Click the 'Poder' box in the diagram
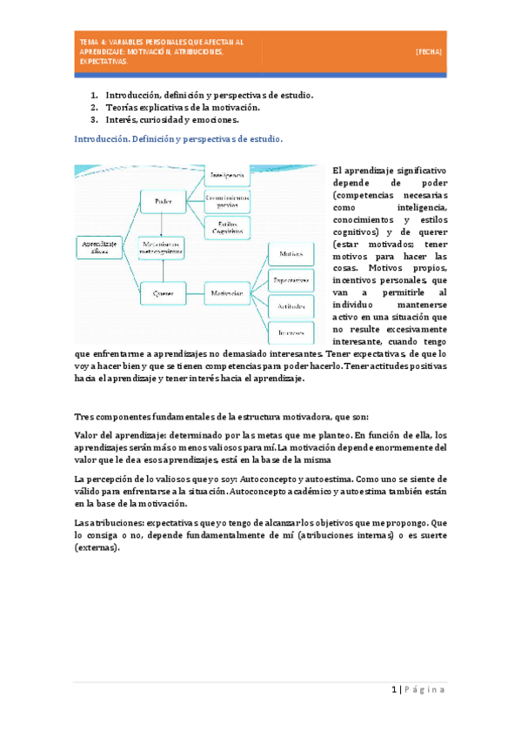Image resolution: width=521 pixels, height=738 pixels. pyautogui.click(x=164, y=203)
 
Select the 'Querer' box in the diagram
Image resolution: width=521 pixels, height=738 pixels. pyautogui.click(x=164, y=294)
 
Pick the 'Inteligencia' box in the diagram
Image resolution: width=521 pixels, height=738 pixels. pyautogui.click(x=227, y=176)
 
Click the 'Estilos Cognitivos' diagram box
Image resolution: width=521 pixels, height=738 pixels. pyautogui.click(x=227, y=228)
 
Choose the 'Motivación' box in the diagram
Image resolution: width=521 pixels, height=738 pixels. pyautogui.click(x=227, y=294)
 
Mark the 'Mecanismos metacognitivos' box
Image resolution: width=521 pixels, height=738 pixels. pyautogui.click(x=164, y=248)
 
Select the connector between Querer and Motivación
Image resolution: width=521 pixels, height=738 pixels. pyautogui.click(x=195, y=294)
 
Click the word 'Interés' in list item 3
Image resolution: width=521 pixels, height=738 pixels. pyautogui.click(x=121, y=120)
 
